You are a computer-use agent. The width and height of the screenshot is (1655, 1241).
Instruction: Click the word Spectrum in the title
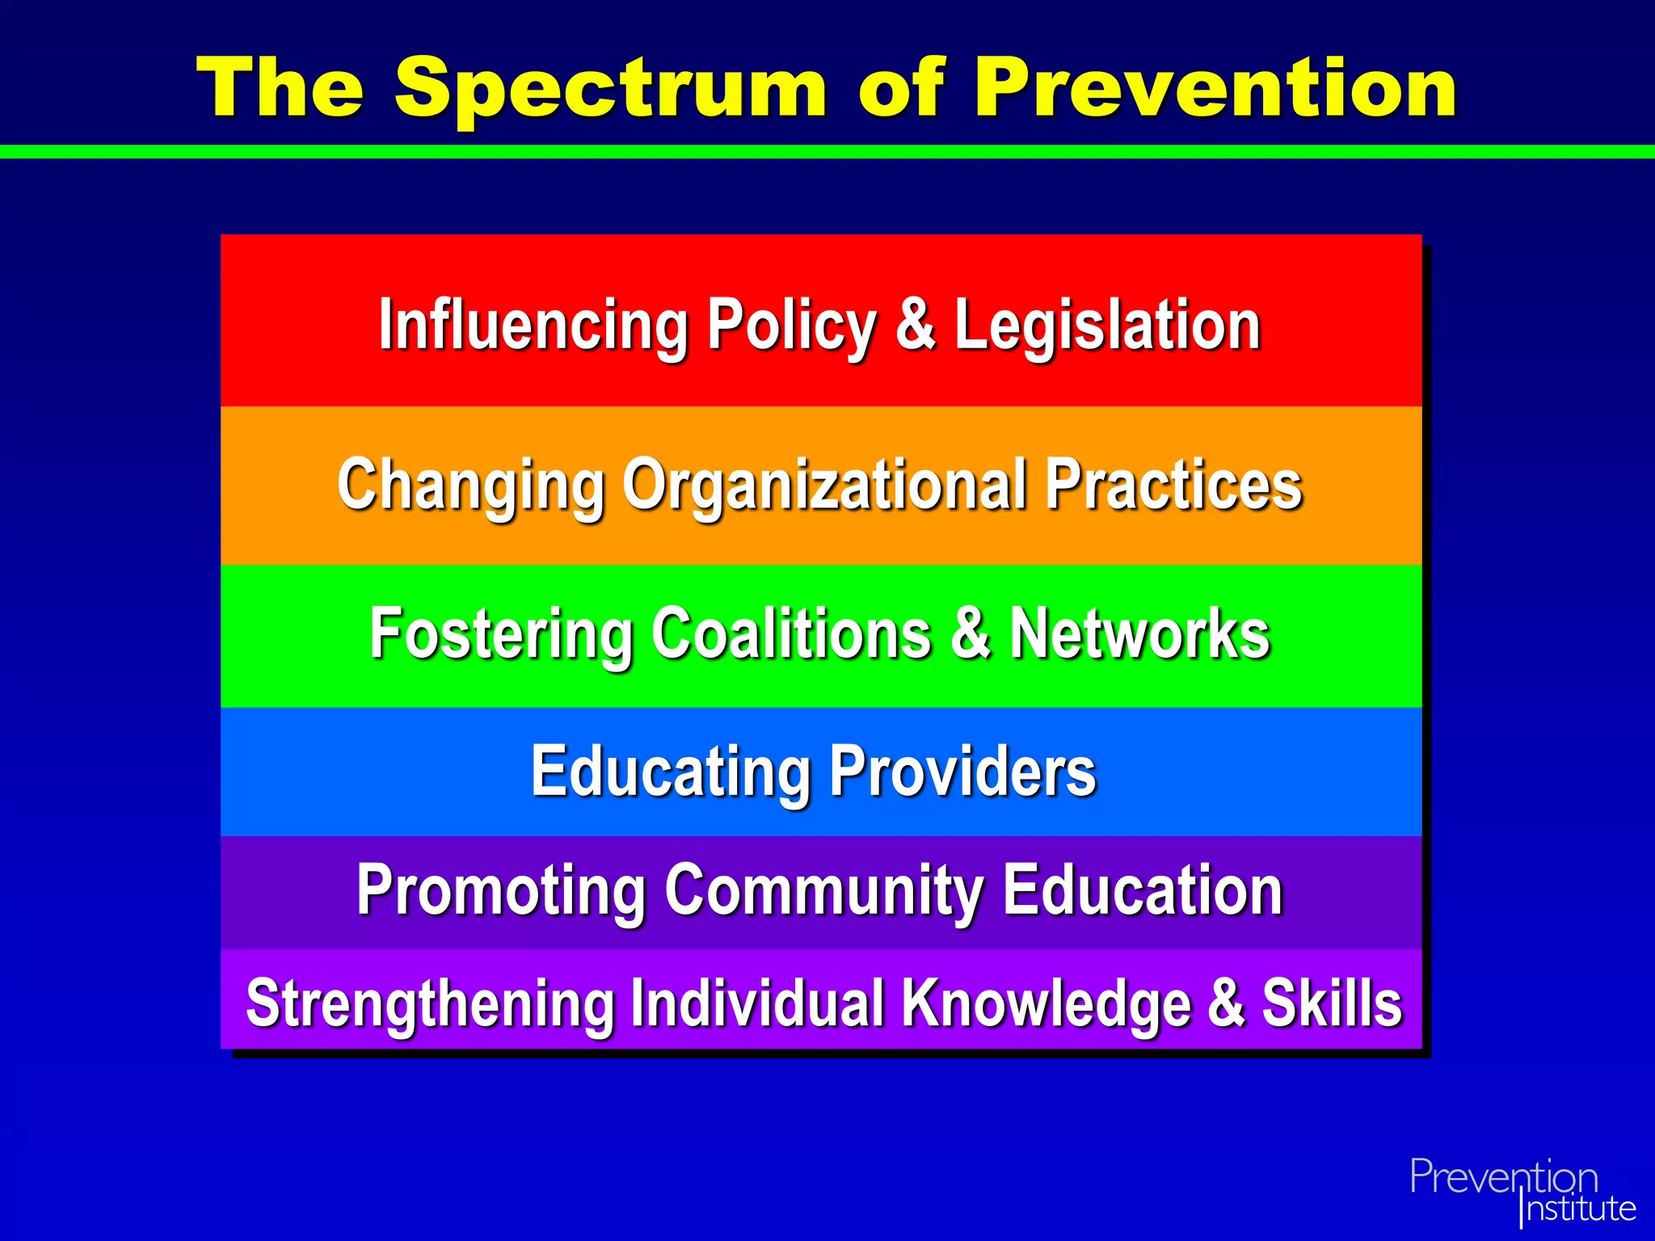tap(610, 89)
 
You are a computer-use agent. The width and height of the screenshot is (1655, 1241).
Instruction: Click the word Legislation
tap(1108, 326)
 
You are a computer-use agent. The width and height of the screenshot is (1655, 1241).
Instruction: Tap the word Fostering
tap(501, 633)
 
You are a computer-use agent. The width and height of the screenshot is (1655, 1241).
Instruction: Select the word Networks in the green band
tap(1140, 633)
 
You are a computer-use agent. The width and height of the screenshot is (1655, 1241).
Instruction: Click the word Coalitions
tap(791, 633)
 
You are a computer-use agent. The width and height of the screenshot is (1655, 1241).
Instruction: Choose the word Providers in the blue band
tap(962, 771)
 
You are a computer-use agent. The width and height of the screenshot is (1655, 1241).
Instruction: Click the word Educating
tap(670, 772)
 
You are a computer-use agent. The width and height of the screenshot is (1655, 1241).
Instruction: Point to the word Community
tap(824, 890)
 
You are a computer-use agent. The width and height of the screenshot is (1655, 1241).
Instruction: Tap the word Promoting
tap(501, 890)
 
